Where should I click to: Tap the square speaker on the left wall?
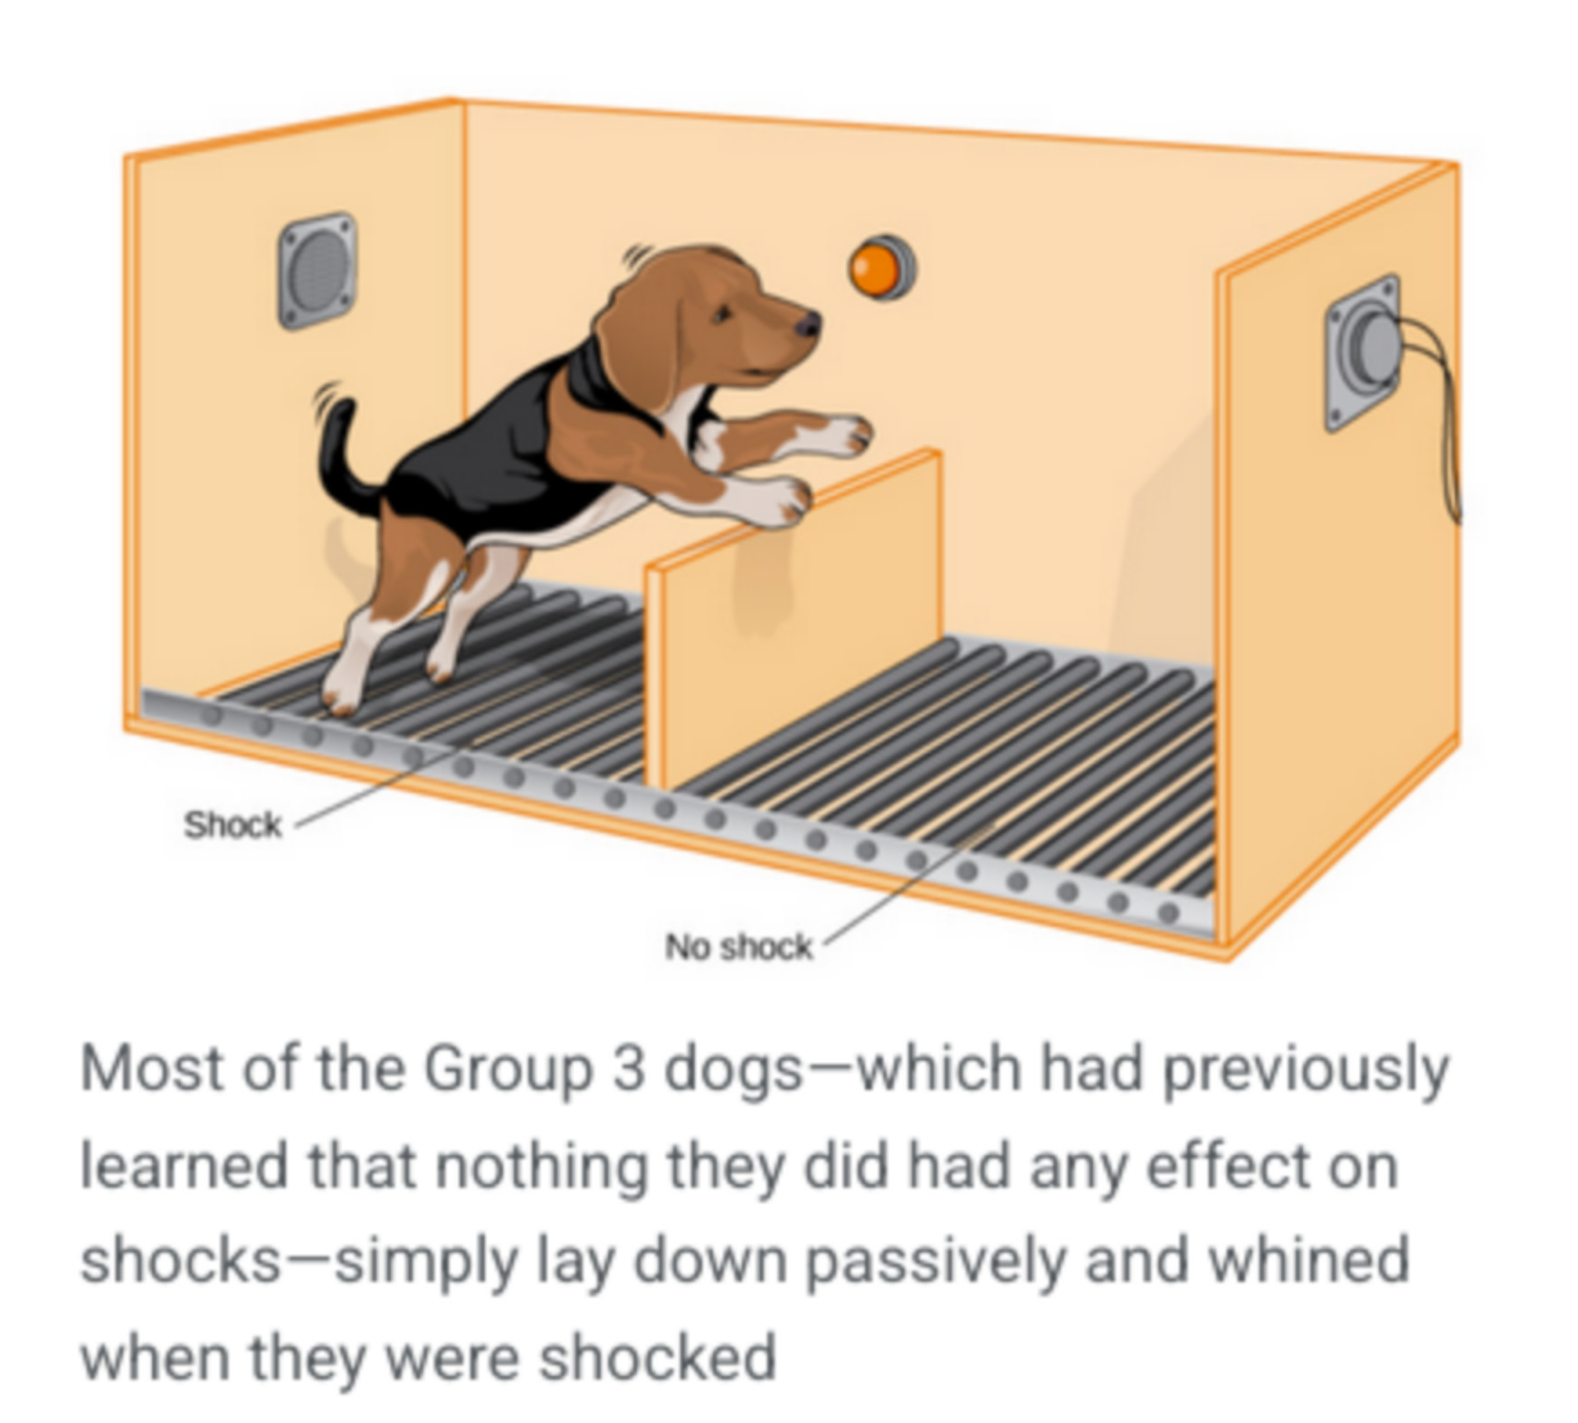pos(316,270)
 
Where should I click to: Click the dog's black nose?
pos(808,322)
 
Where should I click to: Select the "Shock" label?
pos(233,825)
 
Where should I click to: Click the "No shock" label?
pos(738,947)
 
